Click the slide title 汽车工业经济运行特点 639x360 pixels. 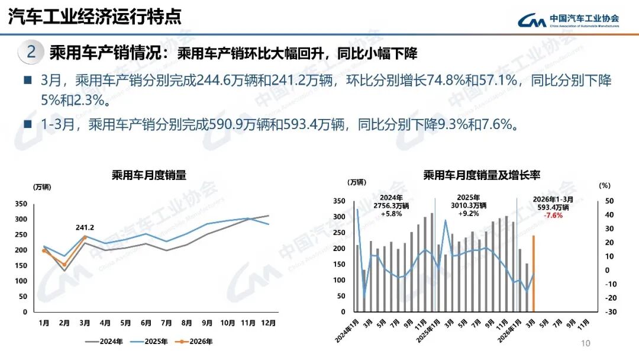click(x=95, y=17)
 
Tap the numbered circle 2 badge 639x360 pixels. click(x=32, y=53)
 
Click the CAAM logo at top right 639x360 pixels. click(x=568, y=20)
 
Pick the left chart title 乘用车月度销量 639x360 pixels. click(x=149, y=175)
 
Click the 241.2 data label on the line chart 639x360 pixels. click(x=85, y=227)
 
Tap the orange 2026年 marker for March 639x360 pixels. click(x=85, y=237)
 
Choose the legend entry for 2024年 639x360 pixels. click(x=105, y=341)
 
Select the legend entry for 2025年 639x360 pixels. click(x=150, y=341)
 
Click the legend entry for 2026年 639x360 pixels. click(x=196, y=341)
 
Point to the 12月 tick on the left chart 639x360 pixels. click(x=267, y=323)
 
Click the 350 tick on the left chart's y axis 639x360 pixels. click(x=21, y=204)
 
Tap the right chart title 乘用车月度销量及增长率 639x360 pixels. click(x=482, y=175)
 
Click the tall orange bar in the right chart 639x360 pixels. click(x=534, y=273)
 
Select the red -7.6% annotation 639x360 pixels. click(x=553, y=216)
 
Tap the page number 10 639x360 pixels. click(x=586, y=343)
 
